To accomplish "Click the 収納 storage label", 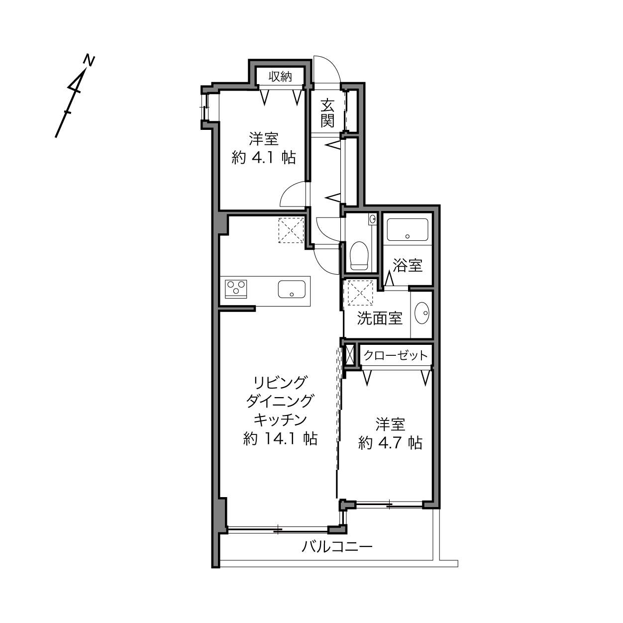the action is [x=280, y=77].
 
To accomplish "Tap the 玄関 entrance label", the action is [x=327, y=113].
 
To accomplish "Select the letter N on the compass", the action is [x=89, y=61].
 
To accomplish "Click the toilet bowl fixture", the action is [x=359, y=255].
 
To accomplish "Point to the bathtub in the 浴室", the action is [x=408, y=229].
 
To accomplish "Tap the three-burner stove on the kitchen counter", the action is [x=236, y=289].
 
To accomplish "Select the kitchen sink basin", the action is [x=292, y=289].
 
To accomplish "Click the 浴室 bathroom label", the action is [x=408, y=265].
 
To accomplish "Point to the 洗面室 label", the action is [x=380, y=318].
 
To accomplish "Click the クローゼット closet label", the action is [x=396, y=356].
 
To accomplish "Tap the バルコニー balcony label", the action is [x=337, y=547].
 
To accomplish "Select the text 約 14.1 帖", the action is [x=280, y=439].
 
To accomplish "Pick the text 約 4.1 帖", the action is [x=264, y=158].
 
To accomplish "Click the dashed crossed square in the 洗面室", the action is [x=360, y=293].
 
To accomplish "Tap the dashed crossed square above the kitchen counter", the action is [x=291, y=230].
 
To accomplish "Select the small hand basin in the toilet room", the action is [x=372, y=219].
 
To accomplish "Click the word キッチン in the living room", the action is [x=280, y=420].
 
